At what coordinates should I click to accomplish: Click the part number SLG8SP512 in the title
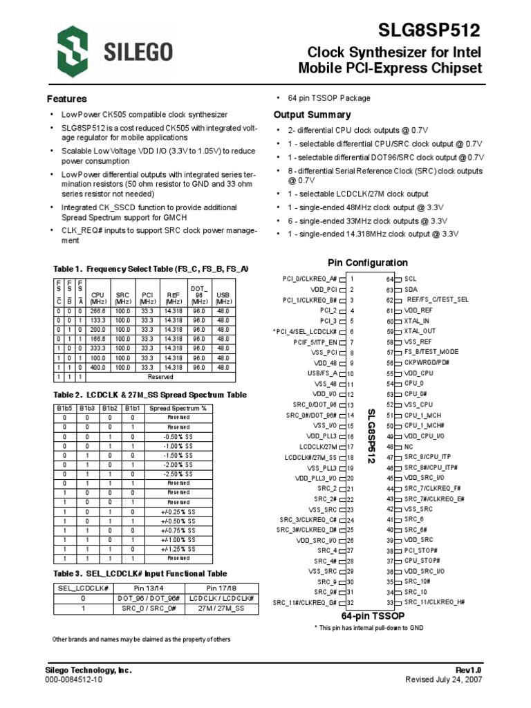429,30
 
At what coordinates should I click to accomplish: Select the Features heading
66,99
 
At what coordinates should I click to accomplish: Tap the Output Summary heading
312,115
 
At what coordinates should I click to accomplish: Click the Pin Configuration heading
367,263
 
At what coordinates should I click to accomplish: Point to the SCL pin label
411,279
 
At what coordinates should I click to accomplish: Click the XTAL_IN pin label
417,322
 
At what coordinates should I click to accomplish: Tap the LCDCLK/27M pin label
317,447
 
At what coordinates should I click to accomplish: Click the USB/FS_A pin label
322,373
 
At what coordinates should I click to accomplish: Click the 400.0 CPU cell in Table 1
97,367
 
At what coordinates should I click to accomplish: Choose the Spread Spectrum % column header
178,409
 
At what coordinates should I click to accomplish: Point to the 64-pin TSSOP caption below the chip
373,615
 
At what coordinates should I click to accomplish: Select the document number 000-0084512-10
74,680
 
